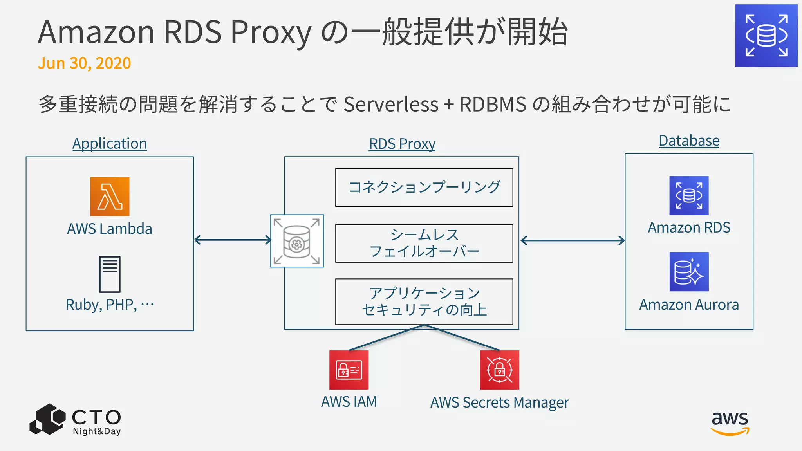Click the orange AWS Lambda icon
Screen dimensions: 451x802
[x=110, y=197]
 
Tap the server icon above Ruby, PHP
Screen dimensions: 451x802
[x=110, y=274]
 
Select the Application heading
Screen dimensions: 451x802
[x=110, y=144]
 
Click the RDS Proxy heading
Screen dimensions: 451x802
[x=402, y=144]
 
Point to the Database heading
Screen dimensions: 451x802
[x=689, y=141]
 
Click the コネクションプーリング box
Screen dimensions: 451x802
[x=424, y=188]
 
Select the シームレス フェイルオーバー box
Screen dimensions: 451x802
[x=424, y=243]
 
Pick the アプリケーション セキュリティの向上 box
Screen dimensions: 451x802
[x=424, y=301]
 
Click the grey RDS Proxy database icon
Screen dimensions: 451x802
[x=297, y=241]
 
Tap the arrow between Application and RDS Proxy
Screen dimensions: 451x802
[x=233, y=240]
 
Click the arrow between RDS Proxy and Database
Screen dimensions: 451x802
[x=573, y=240]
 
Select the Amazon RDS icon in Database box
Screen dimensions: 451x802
[x=689, y=195]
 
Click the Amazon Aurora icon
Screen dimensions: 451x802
[x=689, y=272]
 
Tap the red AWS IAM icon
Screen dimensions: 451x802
[x=349, y=370]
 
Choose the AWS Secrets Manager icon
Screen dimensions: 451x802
[x=499, y=370]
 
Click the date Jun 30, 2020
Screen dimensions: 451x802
[x=84, y=63]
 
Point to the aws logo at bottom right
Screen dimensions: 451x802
[x=730, y=423]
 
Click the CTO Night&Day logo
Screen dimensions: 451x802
[x=76, y=420]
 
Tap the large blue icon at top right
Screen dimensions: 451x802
[x=766, y=36]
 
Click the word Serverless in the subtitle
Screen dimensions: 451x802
[x=391, y=104]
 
